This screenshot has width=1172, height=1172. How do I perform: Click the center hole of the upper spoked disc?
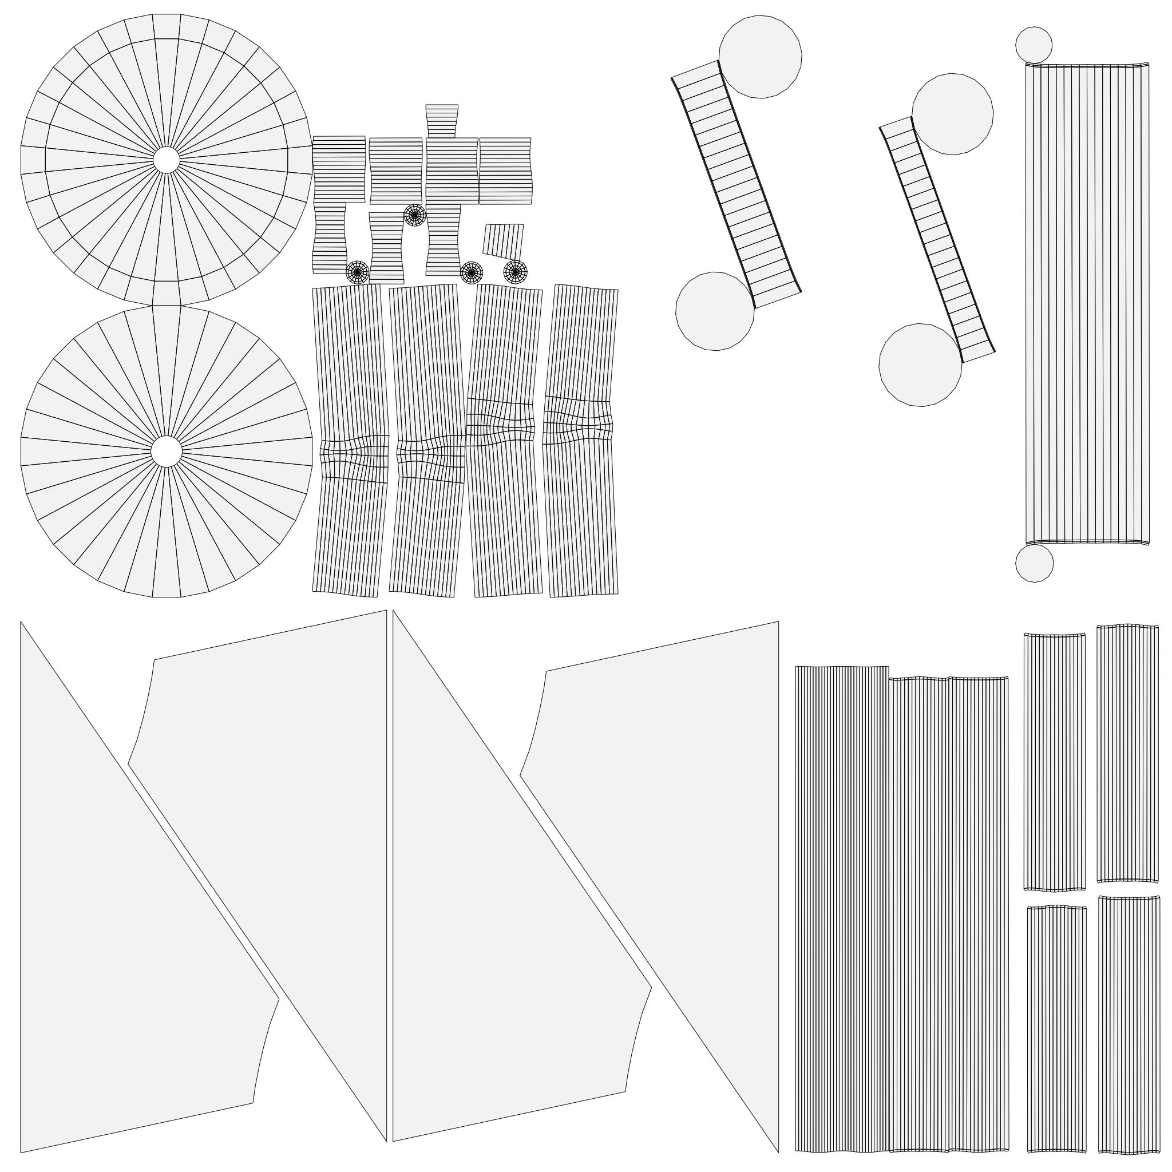tap(166, 160)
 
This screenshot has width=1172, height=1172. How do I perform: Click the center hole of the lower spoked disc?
tap(166, 452)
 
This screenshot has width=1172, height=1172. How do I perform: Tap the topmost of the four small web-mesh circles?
tap(415, 215)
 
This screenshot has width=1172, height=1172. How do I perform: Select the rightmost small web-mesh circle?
tap(515, 272)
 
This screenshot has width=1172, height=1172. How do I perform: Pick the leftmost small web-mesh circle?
tap(357, 272)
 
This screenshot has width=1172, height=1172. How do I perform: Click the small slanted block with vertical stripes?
tap(503, 240)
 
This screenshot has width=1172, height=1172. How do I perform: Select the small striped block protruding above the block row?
tap(441, 121)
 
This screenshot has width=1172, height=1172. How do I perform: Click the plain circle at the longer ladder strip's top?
tap(760, 57)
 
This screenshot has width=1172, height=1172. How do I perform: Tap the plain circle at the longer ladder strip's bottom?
tap(715, 311)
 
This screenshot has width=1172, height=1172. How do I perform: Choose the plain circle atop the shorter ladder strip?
tap(952, 114)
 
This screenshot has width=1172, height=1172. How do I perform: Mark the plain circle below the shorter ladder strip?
tap(920, 365)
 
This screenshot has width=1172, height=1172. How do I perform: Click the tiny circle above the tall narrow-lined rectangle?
tap(1034, 45)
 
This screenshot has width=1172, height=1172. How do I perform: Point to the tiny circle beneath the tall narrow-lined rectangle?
tap(1034, 564)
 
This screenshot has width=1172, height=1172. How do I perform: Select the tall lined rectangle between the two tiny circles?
tap(1087, 303)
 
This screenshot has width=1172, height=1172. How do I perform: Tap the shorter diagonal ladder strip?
tap(937, 240)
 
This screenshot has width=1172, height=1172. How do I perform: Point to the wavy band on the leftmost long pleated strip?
tap(354, 459)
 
